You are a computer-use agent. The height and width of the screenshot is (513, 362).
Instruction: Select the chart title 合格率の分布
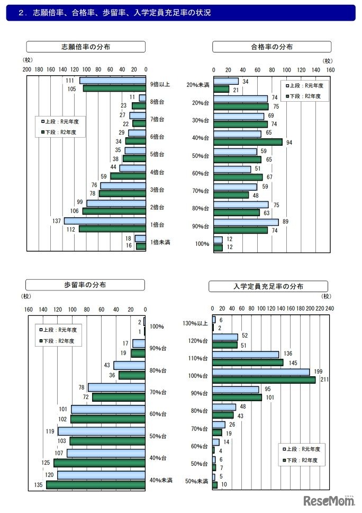point(272,47)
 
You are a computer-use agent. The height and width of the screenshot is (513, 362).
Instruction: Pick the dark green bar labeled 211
point(264,379)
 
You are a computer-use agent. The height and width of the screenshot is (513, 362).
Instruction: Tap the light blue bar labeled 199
point(261,372)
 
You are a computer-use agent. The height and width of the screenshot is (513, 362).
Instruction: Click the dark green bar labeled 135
point(96,484)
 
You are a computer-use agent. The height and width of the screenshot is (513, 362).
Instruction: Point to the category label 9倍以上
point(160,84)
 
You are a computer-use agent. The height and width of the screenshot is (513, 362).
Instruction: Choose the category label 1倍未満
point(160,242)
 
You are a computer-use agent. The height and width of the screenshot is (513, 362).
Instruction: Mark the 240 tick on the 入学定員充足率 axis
point(329,308)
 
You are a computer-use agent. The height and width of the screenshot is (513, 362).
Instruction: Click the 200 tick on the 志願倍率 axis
point(26,69)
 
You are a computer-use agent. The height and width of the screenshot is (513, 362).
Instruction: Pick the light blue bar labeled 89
point(246,222)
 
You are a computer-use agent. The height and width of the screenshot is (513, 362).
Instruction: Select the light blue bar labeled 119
point(102,431)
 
